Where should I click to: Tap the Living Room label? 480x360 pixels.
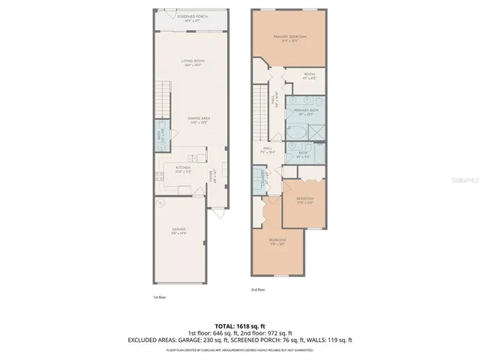point(193,61)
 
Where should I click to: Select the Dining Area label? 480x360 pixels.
point(198,118)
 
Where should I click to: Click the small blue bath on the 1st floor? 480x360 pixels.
point(160,139)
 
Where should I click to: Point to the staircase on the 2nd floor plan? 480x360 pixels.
point(259,105)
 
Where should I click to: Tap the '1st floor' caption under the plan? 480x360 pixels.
point(158,298)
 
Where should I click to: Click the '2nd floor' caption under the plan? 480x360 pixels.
point(257,289)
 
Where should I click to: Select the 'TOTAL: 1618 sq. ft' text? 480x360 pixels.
point(240,325)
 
